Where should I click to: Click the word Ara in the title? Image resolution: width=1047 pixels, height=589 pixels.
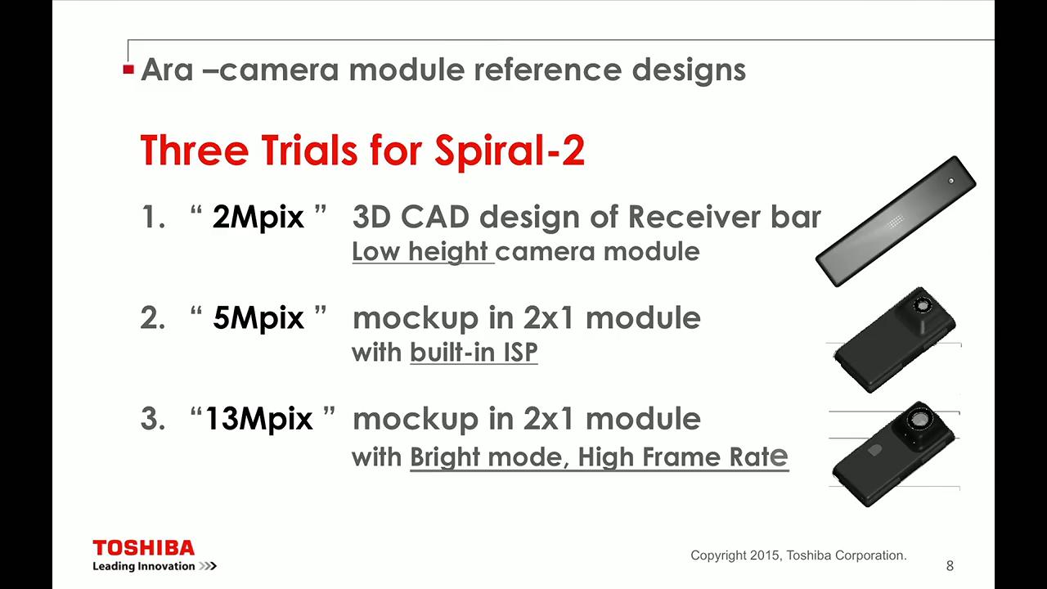tap(167, 70)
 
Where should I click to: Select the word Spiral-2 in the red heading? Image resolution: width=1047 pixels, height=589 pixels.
tap(510, 151)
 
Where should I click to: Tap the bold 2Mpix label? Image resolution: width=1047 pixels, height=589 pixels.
tap(258, 218)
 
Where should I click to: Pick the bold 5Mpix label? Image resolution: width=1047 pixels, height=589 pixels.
tap(258, 318)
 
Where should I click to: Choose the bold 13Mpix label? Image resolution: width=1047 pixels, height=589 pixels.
tap(258, 419)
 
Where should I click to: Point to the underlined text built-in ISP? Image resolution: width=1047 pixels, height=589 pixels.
tap(474, 353)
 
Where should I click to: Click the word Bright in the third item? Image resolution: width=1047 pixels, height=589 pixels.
tap(445, 457)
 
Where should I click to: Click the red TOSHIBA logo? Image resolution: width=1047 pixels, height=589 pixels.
tap(143, 547)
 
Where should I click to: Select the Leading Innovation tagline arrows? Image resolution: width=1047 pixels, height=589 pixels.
tap(208, 566)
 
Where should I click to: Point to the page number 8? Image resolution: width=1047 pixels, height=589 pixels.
tap(950, 566)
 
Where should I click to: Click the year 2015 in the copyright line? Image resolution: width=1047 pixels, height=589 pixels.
tap(765, 555)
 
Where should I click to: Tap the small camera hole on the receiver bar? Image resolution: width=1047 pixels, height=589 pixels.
tap(950, 181)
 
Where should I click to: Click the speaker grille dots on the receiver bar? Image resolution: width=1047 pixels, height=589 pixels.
tap(894, 222)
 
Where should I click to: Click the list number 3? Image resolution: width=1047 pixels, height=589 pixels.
tap(153, 419)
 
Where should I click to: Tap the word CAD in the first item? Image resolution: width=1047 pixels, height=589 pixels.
tap(435, 218)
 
